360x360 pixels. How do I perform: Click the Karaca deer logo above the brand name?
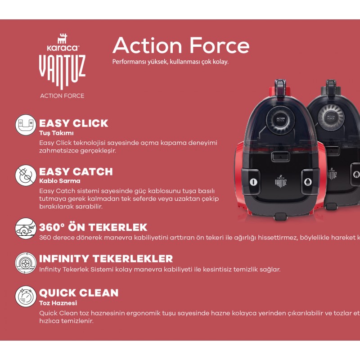(x=62, y=39)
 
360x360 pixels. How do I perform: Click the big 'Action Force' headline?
(x=181, y=45)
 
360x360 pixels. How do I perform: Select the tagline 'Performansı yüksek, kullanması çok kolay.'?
(x=171, y=62)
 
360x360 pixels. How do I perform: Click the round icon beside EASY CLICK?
(x=26, y=125)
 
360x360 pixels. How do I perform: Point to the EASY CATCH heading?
(x=76, y=171)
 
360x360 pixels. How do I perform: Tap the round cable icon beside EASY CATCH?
(x=26, y=175)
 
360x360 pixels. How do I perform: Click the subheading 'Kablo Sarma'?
(x=60, y=181)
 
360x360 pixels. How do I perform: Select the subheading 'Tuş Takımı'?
(x=56, y=133)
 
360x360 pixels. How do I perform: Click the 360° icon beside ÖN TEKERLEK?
(x=26, y=229)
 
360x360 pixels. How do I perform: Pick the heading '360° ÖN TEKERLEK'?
(x=93, y=227)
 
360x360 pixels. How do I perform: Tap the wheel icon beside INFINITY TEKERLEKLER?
(x=26, y=263)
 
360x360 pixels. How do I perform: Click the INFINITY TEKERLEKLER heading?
(x=106, y=259)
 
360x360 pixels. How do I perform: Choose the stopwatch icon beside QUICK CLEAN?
(x=26, y=296)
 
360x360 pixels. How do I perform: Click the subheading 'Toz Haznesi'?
(x=58, y=303)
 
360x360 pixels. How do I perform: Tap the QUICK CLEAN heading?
(x=79, y=293)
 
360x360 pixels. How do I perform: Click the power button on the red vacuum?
(x=253, y=182)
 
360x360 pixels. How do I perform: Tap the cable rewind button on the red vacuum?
(x=308, y=182)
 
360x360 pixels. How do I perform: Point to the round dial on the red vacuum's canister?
(x=280, y=120)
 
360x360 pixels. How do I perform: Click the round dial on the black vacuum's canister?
(x=331, y=117)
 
